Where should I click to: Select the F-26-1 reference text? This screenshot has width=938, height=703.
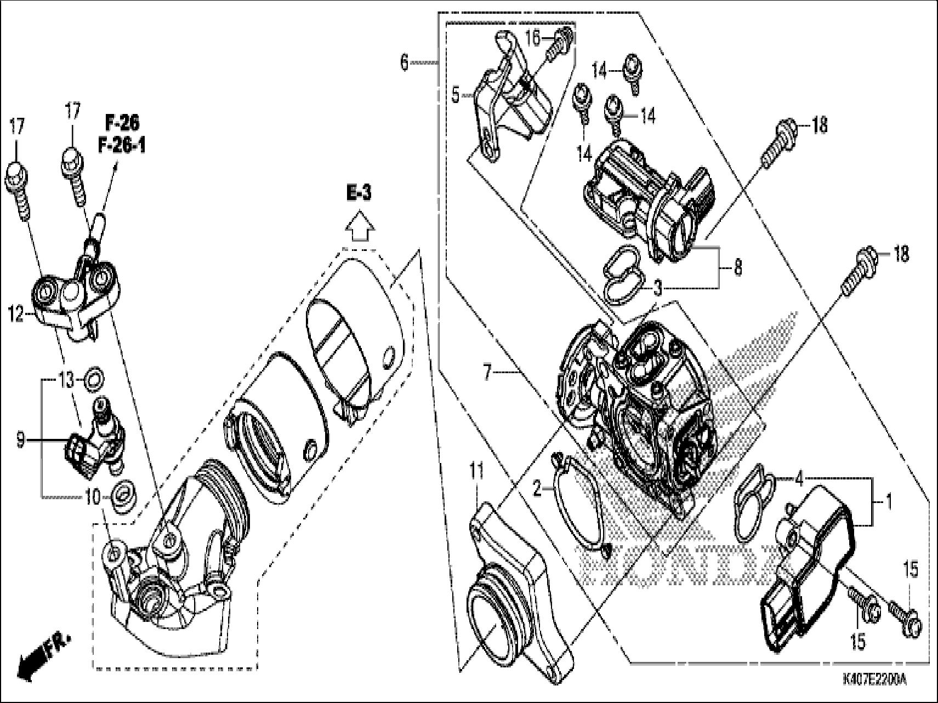point(122,146)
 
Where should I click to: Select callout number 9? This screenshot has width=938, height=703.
point(20,440)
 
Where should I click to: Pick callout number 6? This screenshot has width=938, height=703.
point(404,63)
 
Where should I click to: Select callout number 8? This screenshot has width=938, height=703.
point(738,269)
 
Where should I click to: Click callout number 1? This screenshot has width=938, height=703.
point(889,501)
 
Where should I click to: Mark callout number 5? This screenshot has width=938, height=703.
point(456,95)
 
